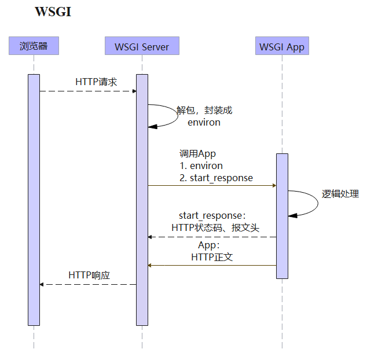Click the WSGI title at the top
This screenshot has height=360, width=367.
pyautogui.click(x=53, y=12)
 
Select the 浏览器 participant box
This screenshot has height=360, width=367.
pyautogui.click(x=34, y=46)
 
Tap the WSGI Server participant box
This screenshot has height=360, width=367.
pyautogui.click(x=142, y=46)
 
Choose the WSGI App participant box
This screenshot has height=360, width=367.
pyautogui.click(x=282, y=46)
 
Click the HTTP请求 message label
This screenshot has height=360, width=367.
pyautogui.click(x=96, y=82)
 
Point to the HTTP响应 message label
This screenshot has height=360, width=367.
pyautogui.click(x=89, y=275)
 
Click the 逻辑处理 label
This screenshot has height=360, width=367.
pyautogui.click(x=340, y=194)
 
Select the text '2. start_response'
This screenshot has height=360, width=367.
pyautogui.click(x=216, y=178)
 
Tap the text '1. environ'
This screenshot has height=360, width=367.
pyautogui.click(x=201, y=166)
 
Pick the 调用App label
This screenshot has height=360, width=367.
pyautogui.click(x=197, y=154)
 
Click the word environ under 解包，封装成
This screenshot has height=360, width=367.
pyautogui.click(x=204, y=123)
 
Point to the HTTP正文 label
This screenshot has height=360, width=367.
pyautogui.click(x=212, y=257)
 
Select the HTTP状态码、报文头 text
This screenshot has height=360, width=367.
pyautogui.click(x=215, y=228)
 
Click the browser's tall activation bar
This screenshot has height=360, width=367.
pyautogui.click(x=34, y=200)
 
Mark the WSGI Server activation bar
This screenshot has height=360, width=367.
pyautogui.click(x=142, y=200)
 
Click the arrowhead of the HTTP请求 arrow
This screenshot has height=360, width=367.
pyautogui.click(x=134, y=91)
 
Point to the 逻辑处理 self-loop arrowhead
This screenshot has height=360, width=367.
pyautogui.click(x=292, y=215)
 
